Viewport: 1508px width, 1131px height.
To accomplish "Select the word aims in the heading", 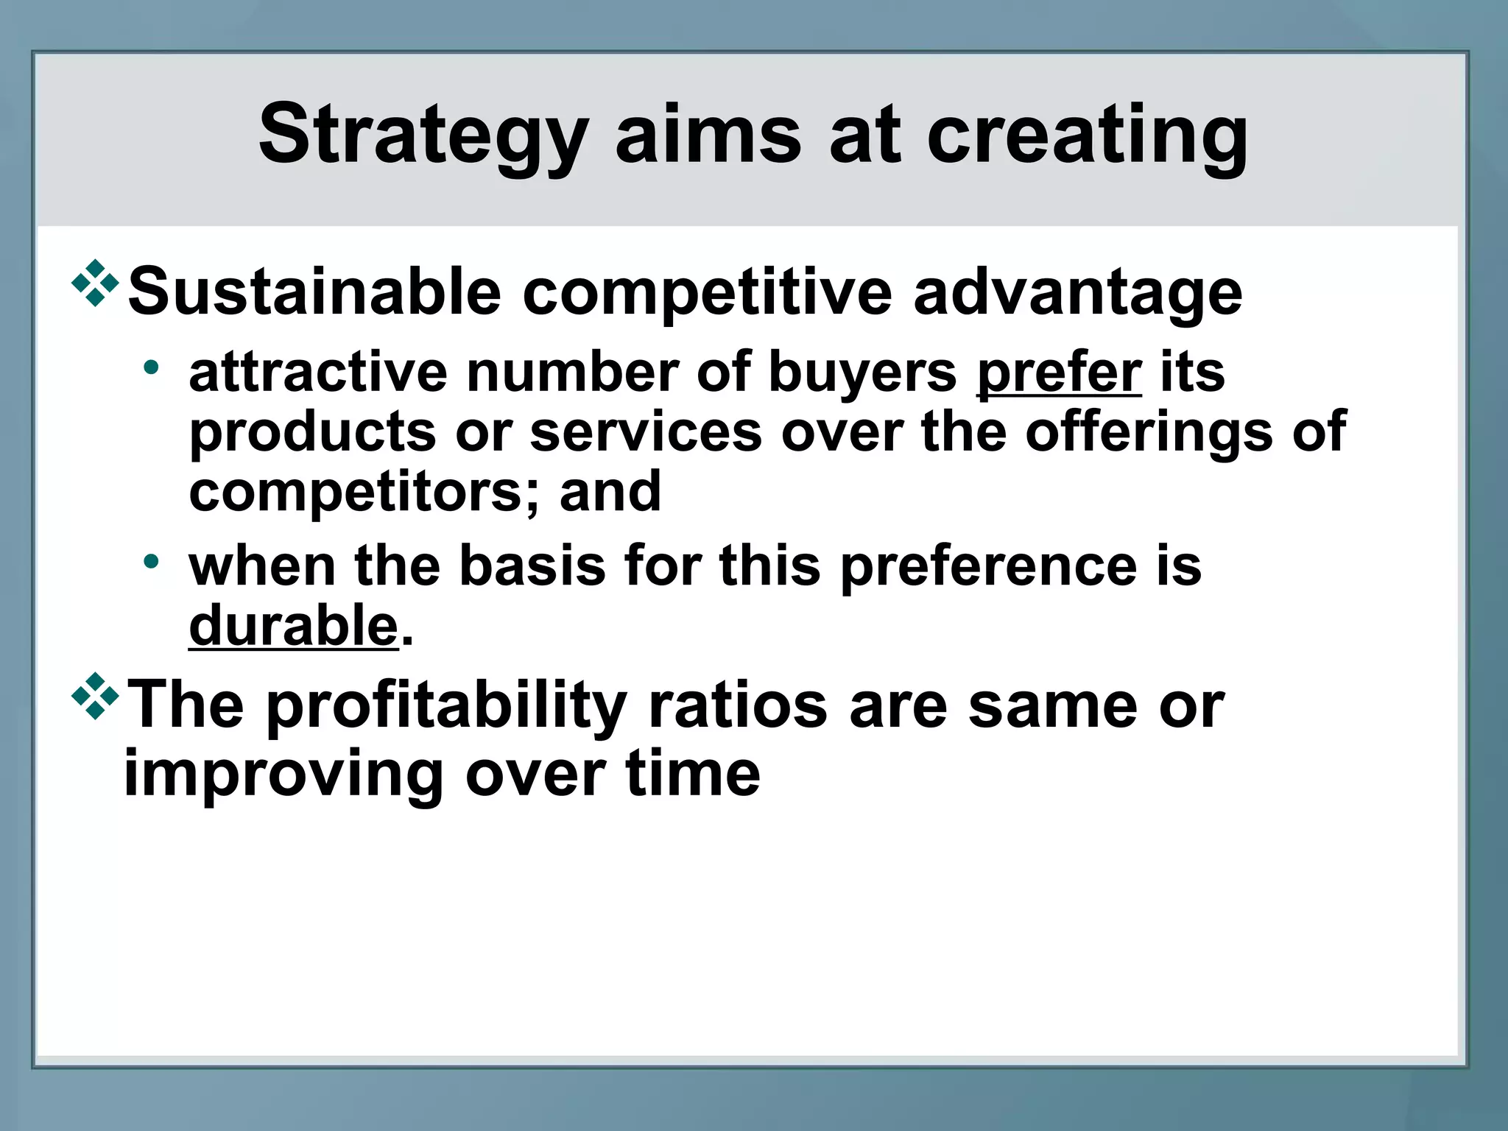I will pos(708,135).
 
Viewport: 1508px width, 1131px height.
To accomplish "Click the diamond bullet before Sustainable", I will pos(95,283).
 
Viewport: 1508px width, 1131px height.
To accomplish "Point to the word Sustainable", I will pos(314,292).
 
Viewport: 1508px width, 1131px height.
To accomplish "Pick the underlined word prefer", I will pos(1059,373).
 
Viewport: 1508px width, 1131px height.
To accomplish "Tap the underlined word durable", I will pos(293,626).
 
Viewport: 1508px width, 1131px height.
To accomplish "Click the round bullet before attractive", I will pos(151,367).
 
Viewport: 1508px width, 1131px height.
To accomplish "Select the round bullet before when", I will pos(151,562).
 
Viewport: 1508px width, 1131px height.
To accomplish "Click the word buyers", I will pos(862,373).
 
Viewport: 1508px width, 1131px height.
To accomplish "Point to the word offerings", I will pos(1149,433).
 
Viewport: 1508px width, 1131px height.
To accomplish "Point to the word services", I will pos(646,432).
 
